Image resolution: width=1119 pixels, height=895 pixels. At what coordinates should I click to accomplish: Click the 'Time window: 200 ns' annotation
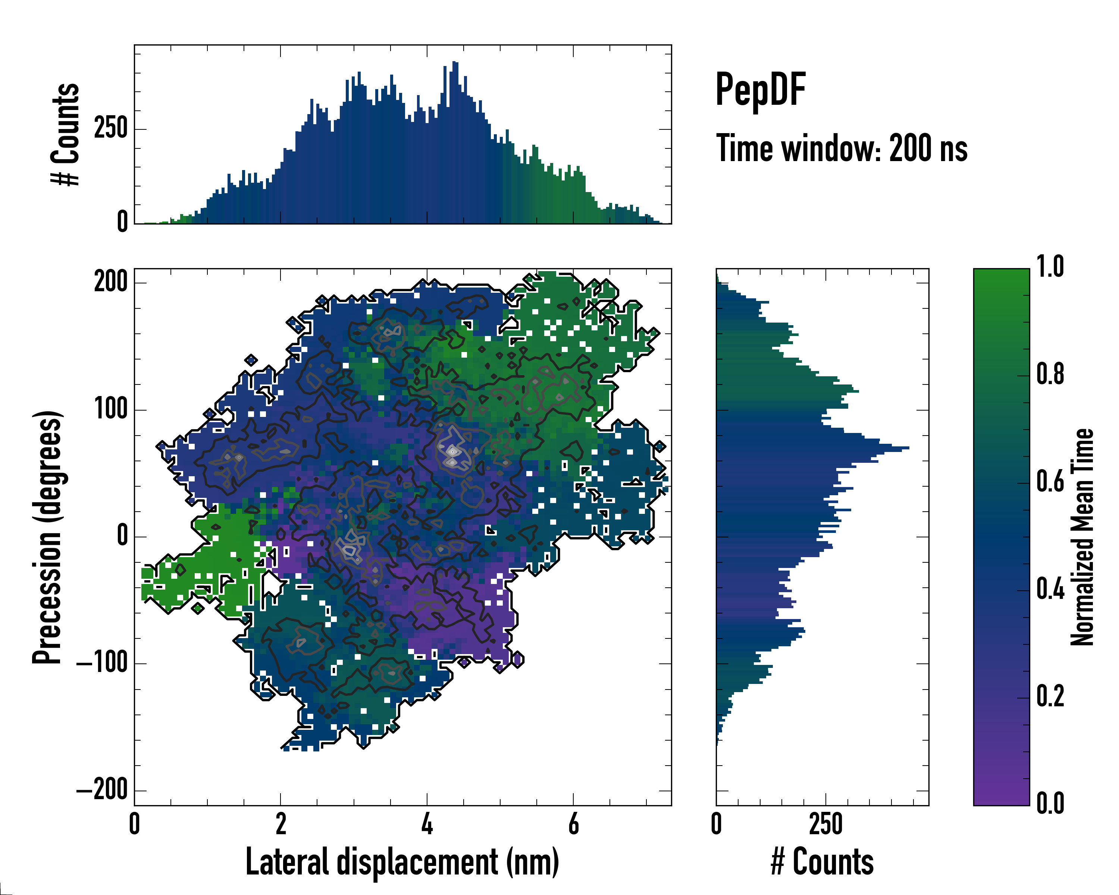coord(841,148)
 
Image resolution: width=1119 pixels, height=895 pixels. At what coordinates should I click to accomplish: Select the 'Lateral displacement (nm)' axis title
coord(402,862)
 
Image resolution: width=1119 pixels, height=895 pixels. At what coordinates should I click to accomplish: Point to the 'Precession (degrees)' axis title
coord(47,537)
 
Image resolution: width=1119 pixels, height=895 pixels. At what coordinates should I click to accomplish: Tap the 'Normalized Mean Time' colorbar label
coord(1082,537)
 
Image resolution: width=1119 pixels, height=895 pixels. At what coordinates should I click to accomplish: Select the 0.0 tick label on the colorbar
coord(1050,804)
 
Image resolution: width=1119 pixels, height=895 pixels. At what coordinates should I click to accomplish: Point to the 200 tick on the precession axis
coord(110,283)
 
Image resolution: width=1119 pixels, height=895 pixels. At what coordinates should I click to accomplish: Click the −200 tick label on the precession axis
coord(102,790)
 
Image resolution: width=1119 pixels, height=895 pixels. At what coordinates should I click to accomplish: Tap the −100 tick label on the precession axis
coord(102,663)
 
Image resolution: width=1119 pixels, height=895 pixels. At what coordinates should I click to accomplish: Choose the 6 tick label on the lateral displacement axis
coord(574,824)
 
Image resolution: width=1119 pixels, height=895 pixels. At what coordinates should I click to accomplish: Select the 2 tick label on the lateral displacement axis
coord(281,824)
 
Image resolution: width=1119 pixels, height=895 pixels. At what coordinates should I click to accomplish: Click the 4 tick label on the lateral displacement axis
coord(427,824)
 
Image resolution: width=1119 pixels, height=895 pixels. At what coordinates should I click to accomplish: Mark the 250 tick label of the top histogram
coord(110,129)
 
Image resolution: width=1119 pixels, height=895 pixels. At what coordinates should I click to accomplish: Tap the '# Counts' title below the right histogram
coord(822,862)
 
